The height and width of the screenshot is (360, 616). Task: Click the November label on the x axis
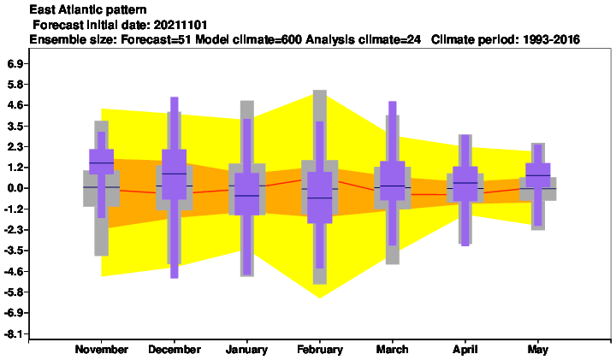click(x=101, y=350)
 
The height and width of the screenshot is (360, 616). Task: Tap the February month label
click(x=320, y=350)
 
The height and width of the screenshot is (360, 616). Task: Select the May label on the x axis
click(x=538, y=350)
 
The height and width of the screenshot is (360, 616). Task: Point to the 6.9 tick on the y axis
click(x=15, y=63)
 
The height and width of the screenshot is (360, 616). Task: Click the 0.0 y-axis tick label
click(x=15, y=188)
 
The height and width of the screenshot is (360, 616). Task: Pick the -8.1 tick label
click(x=14, y=334)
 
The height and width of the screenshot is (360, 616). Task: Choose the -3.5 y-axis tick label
click(x=14, y=251)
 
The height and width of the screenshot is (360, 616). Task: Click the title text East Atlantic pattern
click(x=88, y=9)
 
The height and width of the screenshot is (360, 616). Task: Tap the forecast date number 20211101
click(x=180, y=25)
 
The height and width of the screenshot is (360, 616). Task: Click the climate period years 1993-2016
click(x=551, y=39)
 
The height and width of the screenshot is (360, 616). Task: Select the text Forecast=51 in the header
click(x=157, y=39)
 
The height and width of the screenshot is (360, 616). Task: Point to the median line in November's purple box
click(x=101, y=162)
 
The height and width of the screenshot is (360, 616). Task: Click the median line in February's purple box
click(x=320, y=198)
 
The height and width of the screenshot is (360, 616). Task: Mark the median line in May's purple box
click(x=538, y=175)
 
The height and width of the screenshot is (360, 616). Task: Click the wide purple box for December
click(x=175, y=174)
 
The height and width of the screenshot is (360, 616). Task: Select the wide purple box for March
click(x=393, y=180)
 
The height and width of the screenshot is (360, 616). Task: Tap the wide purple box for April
click(x=465, y=184)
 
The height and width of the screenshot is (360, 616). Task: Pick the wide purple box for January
click(x=247, y=194)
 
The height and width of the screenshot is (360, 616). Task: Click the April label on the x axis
click(x=465, y=350)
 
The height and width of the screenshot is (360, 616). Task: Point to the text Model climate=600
click(x=249, y=39)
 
